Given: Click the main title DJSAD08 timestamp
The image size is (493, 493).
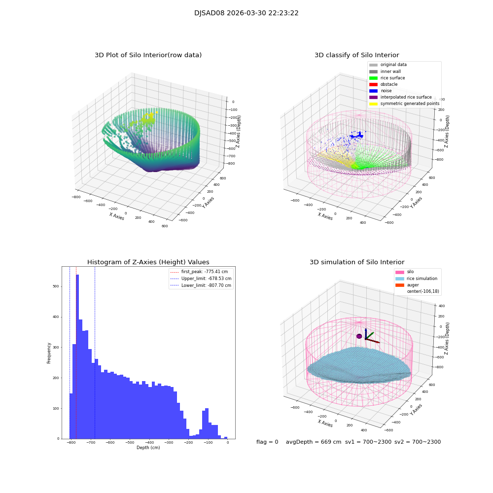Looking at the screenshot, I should pyautogui.click(x=246, y=13).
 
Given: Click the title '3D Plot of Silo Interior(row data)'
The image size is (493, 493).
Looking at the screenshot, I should pyautogui.click(x=148, y=55).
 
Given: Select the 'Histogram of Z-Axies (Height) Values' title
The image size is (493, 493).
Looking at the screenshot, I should pyautogui.click(x=148, y=262).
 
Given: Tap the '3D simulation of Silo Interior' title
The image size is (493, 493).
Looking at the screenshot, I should pyautogui.click(x=357, y=262).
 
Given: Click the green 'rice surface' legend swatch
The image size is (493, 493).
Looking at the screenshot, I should pyautogui.click(x=373, y=78).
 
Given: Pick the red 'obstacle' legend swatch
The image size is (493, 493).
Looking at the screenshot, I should pyautogui.click(x=373, y=84).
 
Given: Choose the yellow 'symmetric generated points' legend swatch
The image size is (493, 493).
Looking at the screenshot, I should pyautogui.click(x=373, y=104).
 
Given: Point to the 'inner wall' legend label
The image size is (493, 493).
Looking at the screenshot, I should pyautogui.click(x=390, y=71).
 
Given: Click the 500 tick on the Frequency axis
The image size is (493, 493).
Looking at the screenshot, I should pyautogui.click(x=55, y=286).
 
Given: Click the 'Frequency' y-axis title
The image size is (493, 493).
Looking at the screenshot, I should pyautogui.click(x=49, y=353).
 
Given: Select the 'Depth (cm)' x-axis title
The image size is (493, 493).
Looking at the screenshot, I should pyautogui.click(x=148, y=448).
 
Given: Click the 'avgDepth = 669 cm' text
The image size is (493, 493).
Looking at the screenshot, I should pyautogui.click(x=314, y=442).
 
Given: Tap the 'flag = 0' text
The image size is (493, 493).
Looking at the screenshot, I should pyautogui.click(x=267, y=442).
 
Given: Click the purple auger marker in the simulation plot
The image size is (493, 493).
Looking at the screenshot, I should pyautogui.click(x=359, y=336).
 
